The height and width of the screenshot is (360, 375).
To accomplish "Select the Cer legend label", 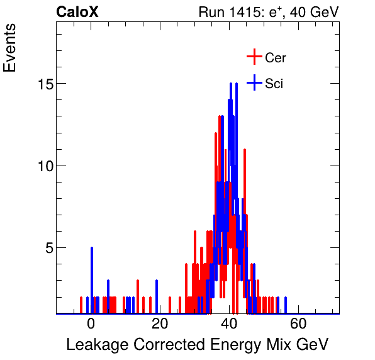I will coord(276,58).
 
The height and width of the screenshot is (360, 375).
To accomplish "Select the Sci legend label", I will coord(274,83).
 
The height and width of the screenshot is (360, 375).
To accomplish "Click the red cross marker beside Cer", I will coord(254,57).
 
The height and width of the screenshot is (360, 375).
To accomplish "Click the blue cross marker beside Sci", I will coord(254,82).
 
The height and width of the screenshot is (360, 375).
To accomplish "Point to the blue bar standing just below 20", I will coord(157,296).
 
